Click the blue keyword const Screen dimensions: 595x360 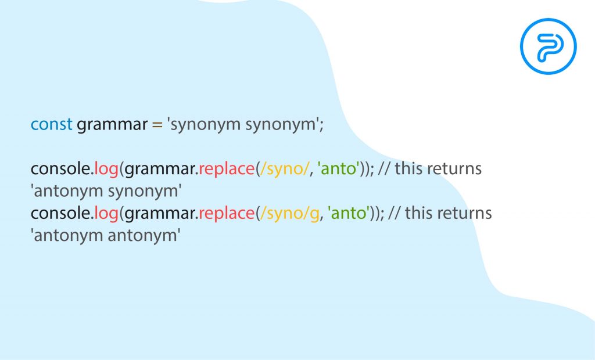[51, 124]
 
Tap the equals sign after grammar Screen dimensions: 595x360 [157, 125]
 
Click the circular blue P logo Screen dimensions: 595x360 [549, 46]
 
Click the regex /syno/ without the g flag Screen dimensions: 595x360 [283, 169]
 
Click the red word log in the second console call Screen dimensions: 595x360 [106, 214]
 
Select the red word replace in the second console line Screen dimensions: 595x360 [226, 214]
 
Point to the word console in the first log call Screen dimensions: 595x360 [61, 168]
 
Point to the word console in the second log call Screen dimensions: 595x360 [61, 213]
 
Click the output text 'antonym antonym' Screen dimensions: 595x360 [106, 236]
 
